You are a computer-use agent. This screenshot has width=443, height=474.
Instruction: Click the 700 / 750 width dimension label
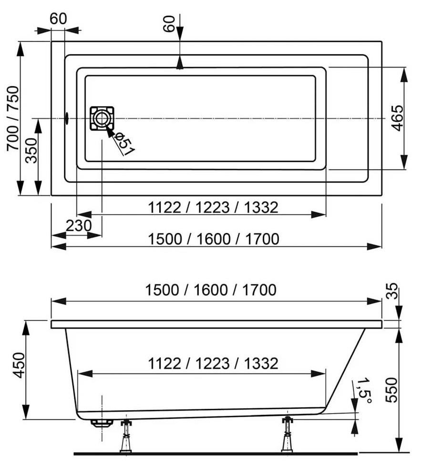[x=13, y=119]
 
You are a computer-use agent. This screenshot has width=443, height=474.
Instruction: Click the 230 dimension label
[x=78, y=225]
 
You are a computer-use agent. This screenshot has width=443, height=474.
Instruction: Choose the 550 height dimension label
[x=391, y=390]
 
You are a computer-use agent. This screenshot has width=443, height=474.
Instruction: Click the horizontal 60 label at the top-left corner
[x=58, y=19]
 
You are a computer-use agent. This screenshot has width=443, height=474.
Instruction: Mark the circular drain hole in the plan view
[x=102, y=118]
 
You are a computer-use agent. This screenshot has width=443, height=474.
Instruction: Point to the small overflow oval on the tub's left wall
[x=66, y=117]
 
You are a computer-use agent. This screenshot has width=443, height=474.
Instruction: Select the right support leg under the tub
[x=288, y=434]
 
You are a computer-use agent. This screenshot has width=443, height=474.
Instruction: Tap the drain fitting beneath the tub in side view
[x=102, y=423]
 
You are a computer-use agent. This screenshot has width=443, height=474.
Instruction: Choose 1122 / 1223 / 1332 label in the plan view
[x=213, y=207]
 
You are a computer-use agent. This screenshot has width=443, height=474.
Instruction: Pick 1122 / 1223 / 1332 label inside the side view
[x=213, y=363]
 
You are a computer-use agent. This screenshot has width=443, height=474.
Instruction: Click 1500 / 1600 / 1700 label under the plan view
[x=213, y=238]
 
